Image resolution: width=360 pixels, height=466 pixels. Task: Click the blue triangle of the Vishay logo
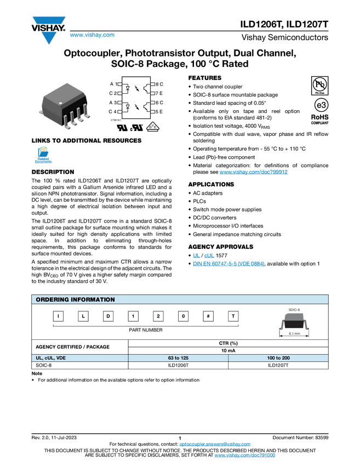(49, 38)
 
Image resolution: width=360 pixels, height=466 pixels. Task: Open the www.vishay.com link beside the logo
(92, 36)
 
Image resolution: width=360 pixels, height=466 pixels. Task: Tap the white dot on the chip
(60, 103)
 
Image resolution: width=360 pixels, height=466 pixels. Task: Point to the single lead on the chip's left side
(39, 111)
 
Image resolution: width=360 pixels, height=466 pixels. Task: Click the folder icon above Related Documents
(43, 152)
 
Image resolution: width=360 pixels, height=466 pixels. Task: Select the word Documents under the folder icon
(43, 162)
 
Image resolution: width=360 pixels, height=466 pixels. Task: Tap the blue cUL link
(209, 255)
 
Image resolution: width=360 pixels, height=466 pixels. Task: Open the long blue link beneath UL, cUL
(228, 264)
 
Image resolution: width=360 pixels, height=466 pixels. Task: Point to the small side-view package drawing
(294, 317)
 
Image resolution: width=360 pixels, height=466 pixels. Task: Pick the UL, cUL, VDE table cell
(79, 358)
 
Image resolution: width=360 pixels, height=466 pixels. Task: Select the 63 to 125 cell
(178, 358)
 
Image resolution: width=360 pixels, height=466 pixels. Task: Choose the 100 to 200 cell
(278, 358)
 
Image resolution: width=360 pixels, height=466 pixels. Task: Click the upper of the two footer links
(215, 445)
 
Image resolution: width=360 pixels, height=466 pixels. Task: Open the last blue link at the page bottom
(244, 456)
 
